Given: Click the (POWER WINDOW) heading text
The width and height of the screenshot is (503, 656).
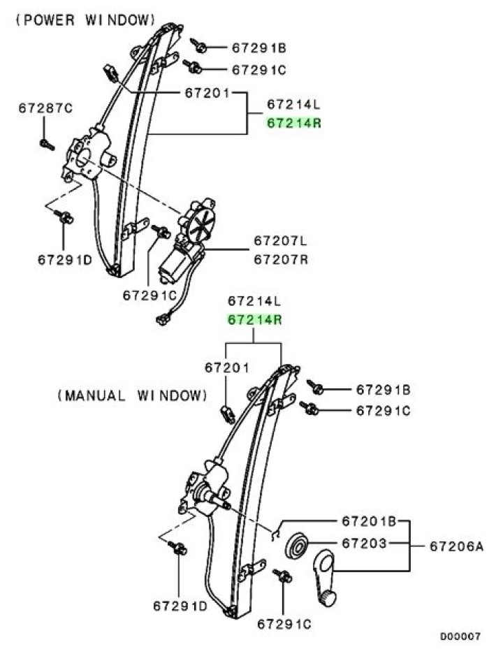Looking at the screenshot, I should [85, 20].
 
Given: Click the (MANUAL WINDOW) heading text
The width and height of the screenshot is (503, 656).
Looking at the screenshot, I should [133, 395].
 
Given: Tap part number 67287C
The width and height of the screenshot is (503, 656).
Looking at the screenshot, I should [46, 108].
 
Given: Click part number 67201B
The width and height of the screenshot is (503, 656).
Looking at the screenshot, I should [370, 521].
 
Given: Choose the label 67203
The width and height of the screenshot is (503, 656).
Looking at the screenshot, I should [365, 543].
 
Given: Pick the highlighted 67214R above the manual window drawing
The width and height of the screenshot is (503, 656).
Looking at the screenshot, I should [254, 321].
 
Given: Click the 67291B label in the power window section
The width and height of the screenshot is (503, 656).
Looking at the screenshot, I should [259, 48].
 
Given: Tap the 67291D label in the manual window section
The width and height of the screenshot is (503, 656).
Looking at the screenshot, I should [181, 606].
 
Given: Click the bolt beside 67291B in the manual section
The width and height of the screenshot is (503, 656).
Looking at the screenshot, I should [316, 386].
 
